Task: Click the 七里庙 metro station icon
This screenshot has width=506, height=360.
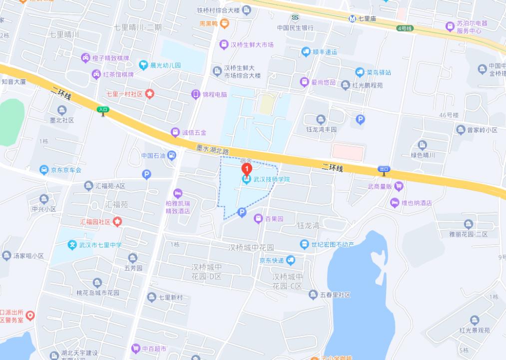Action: point(352,18)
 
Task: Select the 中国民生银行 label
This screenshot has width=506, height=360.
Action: point(295,28)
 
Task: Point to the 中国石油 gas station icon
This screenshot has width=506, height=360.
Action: point(172,155)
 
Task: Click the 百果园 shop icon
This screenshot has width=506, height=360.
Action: point(258,218)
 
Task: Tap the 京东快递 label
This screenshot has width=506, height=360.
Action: point(271,260)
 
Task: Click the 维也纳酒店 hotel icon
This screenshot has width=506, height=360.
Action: point(395,202)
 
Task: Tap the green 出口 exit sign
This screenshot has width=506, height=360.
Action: point(384,169)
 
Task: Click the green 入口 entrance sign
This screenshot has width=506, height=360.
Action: point(103,109)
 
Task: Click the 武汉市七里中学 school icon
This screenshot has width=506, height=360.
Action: point(72,244)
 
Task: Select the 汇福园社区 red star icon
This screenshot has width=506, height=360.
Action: point(117,221)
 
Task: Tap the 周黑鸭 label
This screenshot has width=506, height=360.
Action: point(208,23)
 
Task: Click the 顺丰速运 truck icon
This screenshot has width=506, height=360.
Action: point(306,51)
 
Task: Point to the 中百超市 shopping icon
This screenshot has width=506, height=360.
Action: point(135,348)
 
